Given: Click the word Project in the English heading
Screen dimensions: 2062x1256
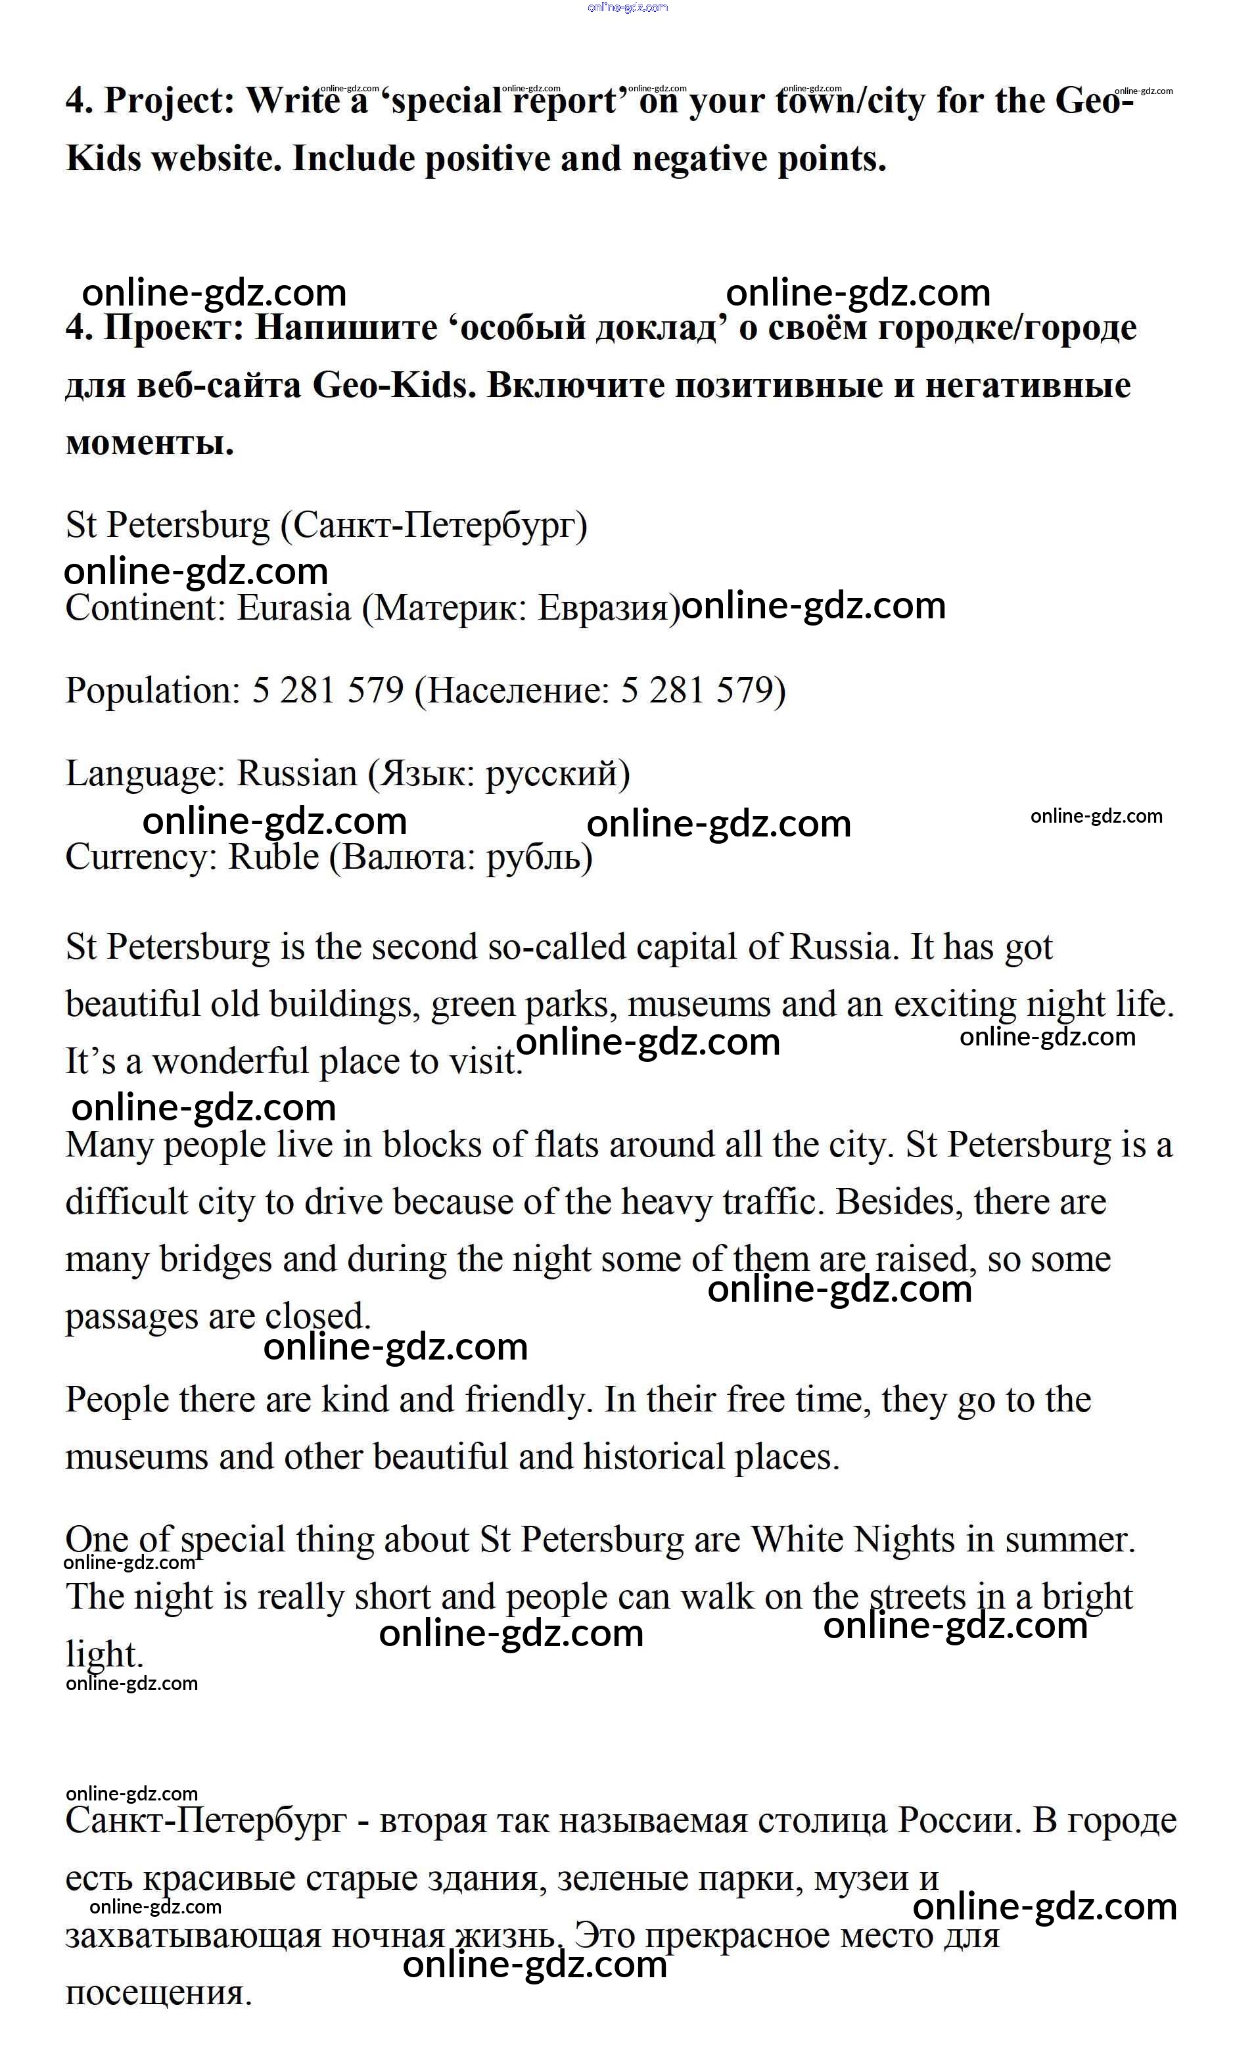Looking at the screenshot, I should click(170, 102).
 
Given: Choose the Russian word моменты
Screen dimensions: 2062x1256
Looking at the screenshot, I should click(149, 443).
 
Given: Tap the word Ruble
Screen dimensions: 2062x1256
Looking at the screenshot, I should click(273, 857).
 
